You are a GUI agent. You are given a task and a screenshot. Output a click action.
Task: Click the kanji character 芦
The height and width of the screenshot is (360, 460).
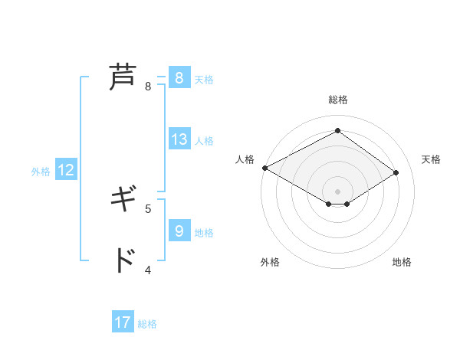point(122,77)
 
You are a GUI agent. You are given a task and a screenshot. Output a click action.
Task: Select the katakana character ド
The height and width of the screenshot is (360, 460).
point(122,261)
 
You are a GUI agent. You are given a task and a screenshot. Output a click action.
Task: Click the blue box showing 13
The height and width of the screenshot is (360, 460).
point(179,139)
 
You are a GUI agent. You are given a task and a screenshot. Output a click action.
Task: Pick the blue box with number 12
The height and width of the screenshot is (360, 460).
point(66,171)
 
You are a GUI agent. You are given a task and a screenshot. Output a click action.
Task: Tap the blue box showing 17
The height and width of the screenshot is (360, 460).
point(123,322)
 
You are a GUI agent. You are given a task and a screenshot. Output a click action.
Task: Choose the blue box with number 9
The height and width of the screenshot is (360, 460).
point(179,231)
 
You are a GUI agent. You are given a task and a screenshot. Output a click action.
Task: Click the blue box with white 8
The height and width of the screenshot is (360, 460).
point(179,78)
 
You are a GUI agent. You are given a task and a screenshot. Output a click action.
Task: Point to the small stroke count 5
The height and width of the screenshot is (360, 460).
point(148,208)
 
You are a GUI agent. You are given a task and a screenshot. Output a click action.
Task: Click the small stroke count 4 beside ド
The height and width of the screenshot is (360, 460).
point(148,270)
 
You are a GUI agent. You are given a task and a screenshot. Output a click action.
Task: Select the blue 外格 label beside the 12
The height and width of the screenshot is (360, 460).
point(41,172)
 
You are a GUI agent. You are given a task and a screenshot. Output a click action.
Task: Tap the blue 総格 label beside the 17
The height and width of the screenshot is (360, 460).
point(147,324)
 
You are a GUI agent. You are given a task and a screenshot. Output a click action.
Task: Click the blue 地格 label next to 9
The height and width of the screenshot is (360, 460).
point(204,232)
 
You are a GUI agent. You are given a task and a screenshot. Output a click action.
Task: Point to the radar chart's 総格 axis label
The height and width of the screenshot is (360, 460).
point(337,100)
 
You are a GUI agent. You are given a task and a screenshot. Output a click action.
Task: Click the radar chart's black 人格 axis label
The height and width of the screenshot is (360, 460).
point(245,159)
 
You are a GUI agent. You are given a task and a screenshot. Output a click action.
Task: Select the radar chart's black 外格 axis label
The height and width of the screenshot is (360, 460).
point(270,262)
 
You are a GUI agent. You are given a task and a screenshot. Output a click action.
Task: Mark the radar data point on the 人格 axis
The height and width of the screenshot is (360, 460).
point(264,168)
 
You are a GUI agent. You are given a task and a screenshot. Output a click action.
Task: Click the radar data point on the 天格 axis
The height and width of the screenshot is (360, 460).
point(396,172)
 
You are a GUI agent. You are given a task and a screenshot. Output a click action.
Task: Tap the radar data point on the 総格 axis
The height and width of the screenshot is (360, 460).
point(337,130)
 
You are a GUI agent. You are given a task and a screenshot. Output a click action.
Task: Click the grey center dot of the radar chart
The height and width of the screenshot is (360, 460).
point(337,191)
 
